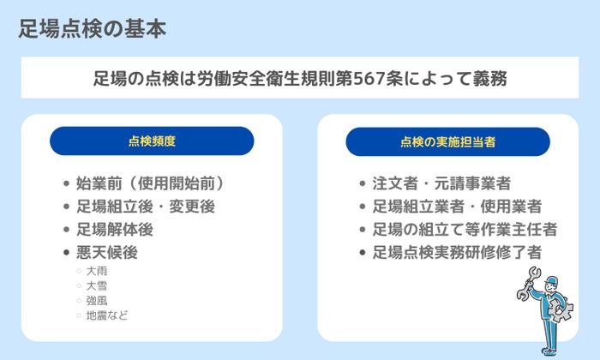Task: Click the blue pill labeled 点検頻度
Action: tap(152, 141)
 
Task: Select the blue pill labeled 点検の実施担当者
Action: tap(447, 141)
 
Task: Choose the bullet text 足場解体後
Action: tap(114, 229)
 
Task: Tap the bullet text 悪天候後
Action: tap(106, 252)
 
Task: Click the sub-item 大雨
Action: tap(96, 271)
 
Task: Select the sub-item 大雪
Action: tap(96, 285)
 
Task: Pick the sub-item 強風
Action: tap(96, 300)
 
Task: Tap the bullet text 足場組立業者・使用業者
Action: tap(457, 206)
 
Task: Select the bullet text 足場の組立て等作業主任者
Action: tap(465, 229)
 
